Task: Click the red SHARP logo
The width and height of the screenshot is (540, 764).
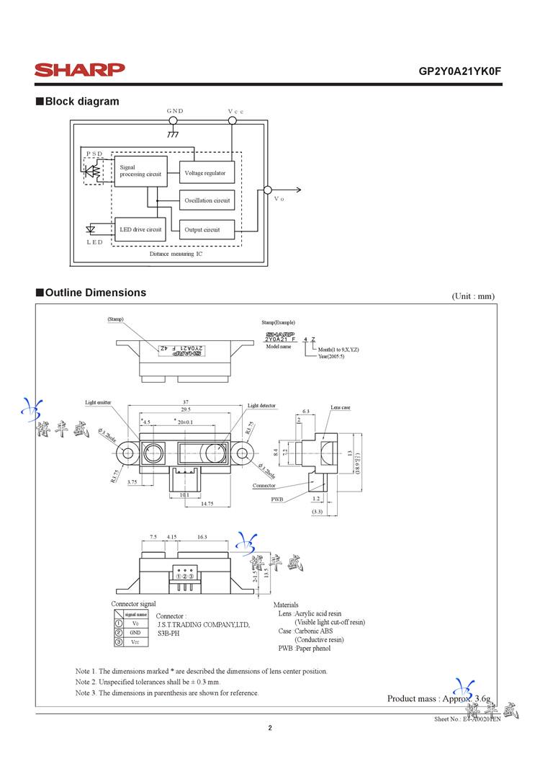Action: click(80, 70)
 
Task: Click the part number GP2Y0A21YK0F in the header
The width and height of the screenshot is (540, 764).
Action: click(459, 72)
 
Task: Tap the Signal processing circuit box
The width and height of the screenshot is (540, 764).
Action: click(140, 172)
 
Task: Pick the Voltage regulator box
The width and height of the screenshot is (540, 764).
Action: click(206, 173)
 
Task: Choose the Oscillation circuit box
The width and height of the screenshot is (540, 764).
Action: click(207, 200)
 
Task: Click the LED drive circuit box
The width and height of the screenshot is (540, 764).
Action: click(140, 229)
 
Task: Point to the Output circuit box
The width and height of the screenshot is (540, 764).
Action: click(206, 230)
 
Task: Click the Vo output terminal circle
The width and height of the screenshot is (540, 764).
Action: click(268, 190)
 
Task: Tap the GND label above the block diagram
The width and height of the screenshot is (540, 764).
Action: click(175, 111)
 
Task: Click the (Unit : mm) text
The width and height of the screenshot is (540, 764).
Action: click(473, 296)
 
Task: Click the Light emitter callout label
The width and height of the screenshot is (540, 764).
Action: click(98, 403)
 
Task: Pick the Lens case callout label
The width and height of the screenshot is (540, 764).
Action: click(341, 408)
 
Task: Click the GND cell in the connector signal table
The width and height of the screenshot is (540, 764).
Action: click(135, 631)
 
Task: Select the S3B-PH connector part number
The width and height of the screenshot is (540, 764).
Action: click(169, 633)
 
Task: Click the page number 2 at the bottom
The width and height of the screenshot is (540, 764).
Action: click(270, 728)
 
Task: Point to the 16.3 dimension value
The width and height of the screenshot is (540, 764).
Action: click(202, 537)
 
